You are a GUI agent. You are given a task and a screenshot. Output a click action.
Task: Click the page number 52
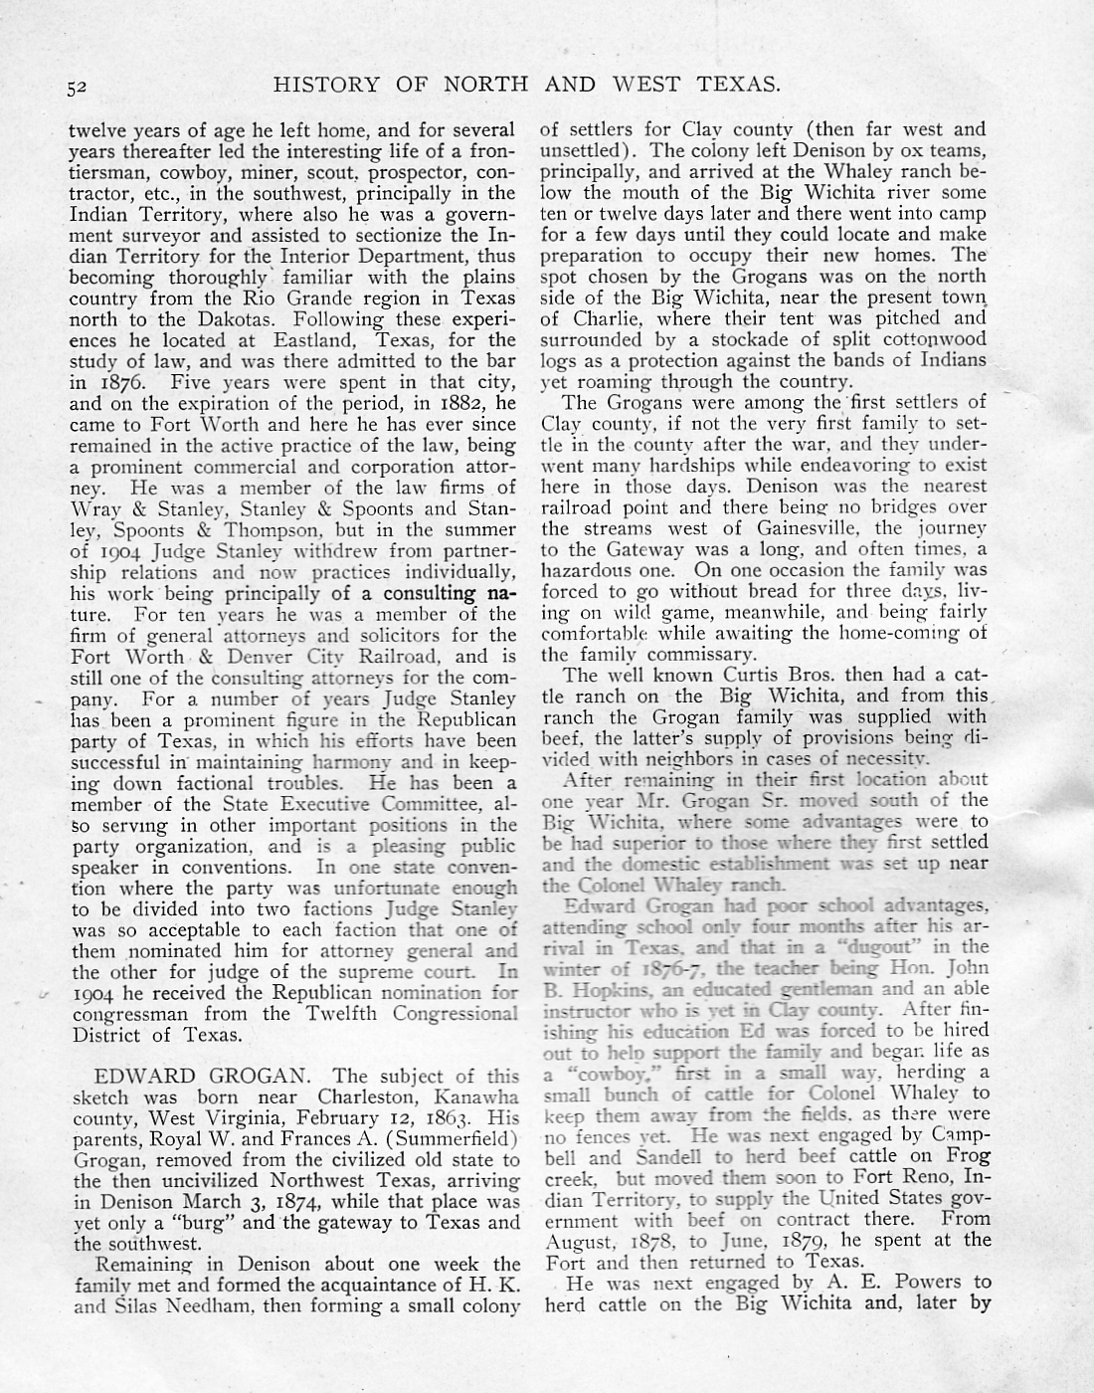[80, 87]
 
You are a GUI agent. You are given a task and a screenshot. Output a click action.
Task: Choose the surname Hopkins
[608, 989]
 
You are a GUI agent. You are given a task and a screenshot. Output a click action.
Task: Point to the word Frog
[969, 1157]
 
